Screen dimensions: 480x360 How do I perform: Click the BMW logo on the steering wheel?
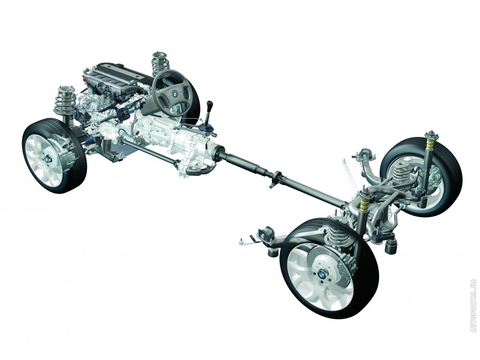tap(175, 93)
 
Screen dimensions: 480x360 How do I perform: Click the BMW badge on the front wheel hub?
tap(47, 160)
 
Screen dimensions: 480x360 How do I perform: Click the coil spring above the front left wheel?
tap(65, 101)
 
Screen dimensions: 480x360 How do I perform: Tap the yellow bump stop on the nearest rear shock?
tap(364, 203)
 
